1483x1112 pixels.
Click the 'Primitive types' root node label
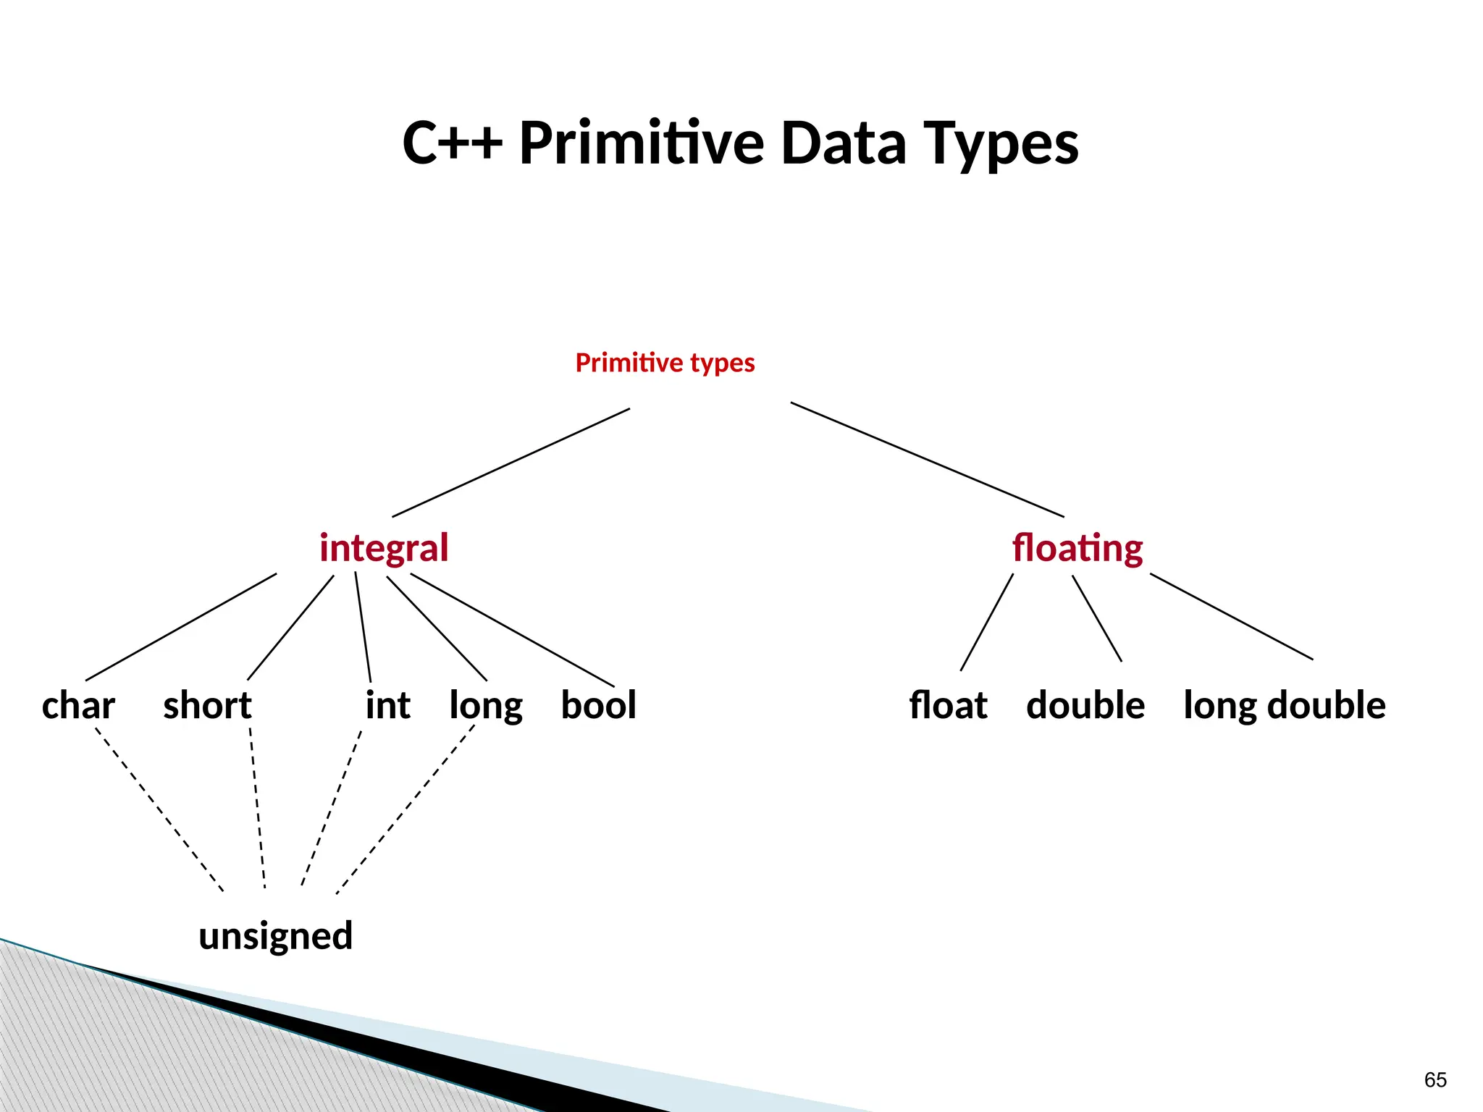coord(665,363)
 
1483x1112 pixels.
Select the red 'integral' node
coord(384,548)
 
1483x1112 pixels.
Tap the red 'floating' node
coord(1077,548)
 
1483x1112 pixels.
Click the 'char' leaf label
coord(78,706)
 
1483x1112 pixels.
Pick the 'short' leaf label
coord(207,706)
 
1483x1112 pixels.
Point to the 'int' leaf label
coord(387,706)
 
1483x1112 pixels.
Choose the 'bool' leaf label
coord(598,706)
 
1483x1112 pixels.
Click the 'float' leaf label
coord(948,706)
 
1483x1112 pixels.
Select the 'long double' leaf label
coord(1284,706)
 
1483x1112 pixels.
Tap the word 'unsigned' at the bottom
coord(276,936)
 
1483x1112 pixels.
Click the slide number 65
coord(1434,1080)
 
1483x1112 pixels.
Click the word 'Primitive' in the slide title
coord(642,143)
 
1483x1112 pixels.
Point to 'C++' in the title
coord(452,143)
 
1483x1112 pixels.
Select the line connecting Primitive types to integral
coord(511,463)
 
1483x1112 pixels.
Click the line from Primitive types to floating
coord(927,459)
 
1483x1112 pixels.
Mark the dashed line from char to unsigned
coord(159,809)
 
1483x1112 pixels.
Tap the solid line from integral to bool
coord(512,630)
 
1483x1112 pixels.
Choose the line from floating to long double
coord(1231,616)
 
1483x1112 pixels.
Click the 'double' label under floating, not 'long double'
coord(1085,706)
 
